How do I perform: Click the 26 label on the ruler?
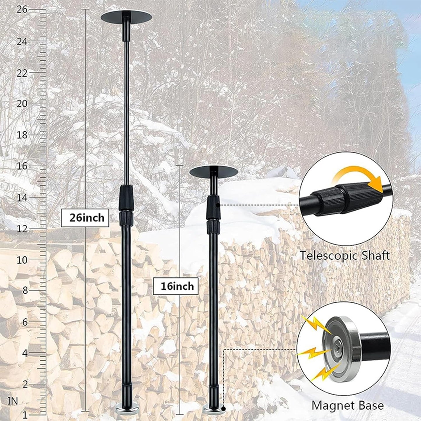(x=22, y=10)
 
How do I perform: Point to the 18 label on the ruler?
(x=22, y=135)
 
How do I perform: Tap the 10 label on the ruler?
(x=22, y=260)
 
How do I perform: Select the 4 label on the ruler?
(x=25, y=353)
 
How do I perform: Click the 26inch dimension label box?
(x=85, y=218)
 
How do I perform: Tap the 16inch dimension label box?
(x=176, y=286)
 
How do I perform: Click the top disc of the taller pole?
(x=126, y=17)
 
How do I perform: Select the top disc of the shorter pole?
(x=214, y=172)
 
